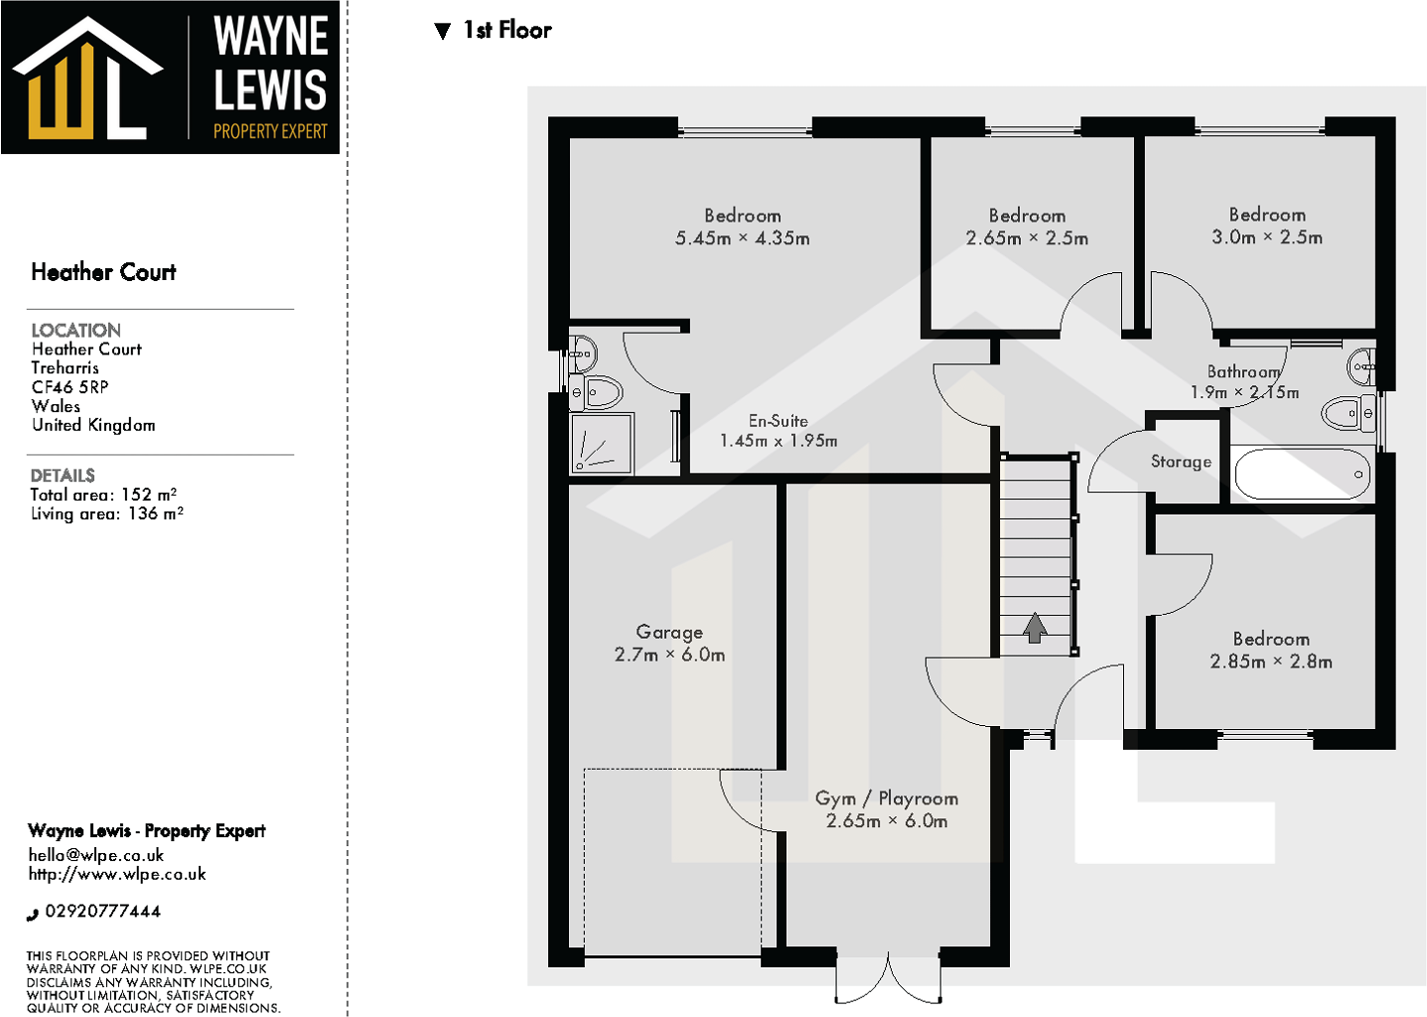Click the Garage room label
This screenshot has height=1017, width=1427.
669,632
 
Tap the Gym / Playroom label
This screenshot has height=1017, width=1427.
886,799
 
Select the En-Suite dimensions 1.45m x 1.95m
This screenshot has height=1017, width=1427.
778,441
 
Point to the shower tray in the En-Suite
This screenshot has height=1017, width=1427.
601,443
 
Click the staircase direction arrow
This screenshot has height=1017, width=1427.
1035,628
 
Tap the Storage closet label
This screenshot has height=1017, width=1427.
1181,462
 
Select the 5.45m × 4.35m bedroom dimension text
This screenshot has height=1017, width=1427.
742,238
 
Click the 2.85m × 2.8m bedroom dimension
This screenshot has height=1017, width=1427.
1270,661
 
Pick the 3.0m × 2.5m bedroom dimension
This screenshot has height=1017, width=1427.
1266,237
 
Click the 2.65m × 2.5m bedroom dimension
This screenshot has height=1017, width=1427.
1027,238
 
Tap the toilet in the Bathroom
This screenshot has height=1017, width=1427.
1348,412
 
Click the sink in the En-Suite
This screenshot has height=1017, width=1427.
583,353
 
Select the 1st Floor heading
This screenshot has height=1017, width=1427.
506,31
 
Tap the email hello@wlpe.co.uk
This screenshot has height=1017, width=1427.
96,855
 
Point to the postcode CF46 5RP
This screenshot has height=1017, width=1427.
70,387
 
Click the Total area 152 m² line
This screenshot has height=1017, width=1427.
103,495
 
